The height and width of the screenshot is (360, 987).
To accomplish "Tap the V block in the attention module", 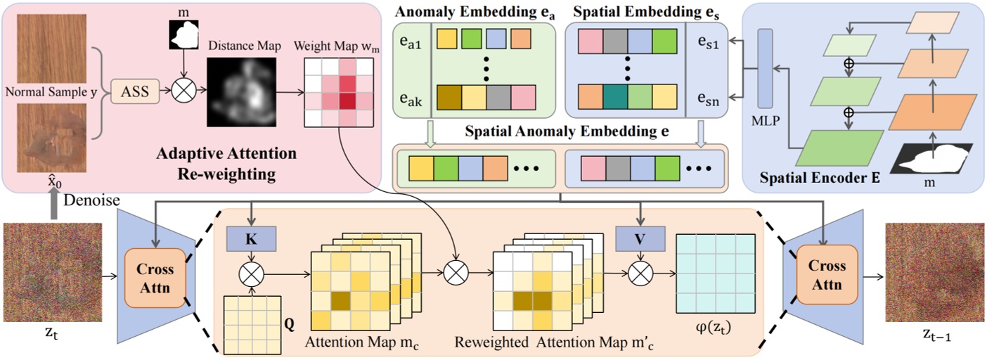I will (639, 239).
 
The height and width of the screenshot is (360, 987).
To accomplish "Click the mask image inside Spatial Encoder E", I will (931, 157).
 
